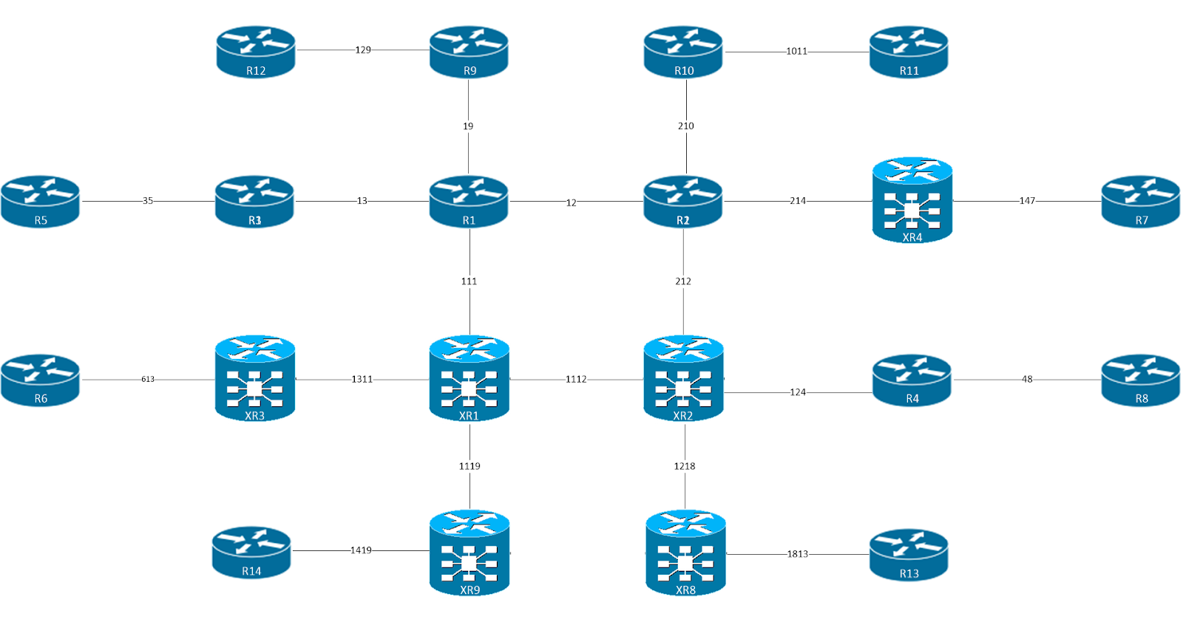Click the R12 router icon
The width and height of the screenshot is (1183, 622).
[256, 52]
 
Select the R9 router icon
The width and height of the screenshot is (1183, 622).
[469, 52]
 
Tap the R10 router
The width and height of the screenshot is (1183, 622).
[683, 52]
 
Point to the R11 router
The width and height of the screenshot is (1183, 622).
[909, 52]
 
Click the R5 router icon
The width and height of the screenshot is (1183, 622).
[41, 201]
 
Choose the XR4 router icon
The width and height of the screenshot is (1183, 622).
[912, 200]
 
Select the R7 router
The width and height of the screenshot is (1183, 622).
[1141, 201]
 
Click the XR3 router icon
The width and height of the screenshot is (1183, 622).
[255, 378]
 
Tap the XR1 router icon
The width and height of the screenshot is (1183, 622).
[469, 378]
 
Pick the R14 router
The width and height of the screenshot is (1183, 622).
[251, 552]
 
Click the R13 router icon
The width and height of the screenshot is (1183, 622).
[909, 555]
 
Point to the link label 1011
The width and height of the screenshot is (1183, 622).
[796, 52]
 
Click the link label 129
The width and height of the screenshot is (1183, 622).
[363, 50]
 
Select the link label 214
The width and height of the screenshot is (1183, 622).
[798, 201]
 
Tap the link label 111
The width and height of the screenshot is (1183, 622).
[469, 281]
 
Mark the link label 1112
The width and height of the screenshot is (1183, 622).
[576, 380]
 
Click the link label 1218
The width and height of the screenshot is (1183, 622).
[685, 466]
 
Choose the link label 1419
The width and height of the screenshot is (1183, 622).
[361, 550]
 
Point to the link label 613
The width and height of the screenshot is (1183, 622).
[148, 380]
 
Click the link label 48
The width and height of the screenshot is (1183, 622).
[1027, 380]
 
